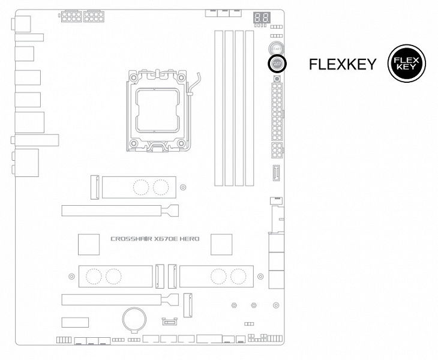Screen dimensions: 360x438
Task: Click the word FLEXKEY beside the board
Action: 343,64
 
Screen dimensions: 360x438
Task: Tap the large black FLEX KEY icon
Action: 406,64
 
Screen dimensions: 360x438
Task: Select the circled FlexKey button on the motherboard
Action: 277,63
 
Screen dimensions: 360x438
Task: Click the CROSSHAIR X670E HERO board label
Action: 155,239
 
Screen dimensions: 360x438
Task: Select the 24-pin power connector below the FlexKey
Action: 277,111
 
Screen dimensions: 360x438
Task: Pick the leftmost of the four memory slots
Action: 220,108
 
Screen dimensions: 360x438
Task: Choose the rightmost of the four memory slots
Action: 248,108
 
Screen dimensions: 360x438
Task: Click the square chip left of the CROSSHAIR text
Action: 89,244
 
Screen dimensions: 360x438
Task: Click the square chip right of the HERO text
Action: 221,244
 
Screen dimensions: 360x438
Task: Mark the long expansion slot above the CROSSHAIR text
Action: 120,211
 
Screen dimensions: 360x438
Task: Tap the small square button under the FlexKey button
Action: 277,78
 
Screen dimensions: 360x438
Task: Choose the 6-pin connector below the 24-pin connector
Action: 277,150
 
